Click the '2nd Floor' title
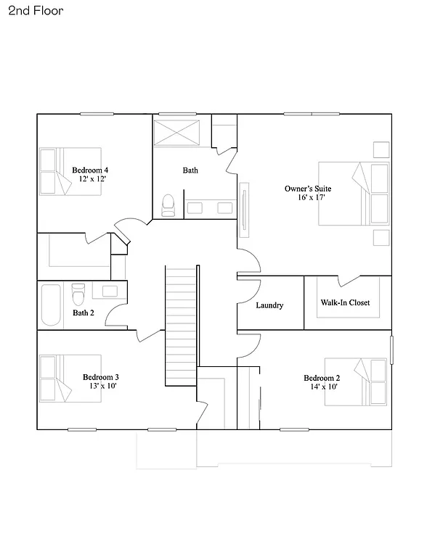click(x=37, y=11)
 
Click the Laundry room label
click(x=269, y=305)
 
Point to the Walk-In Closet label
click(x=345, y=302)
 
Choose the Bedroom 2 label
click(x=322, y=378)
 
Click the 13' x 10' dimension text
click(x=100, y=386)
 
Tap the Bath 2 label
click(x=84, y=313)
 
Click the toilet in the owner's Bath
click(x=168, y=205)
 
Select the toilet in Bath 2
click(x=78, y=293)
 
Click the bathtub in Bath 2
click(x=52, y=305)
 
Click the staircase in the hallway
click(x=182, y=326)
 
